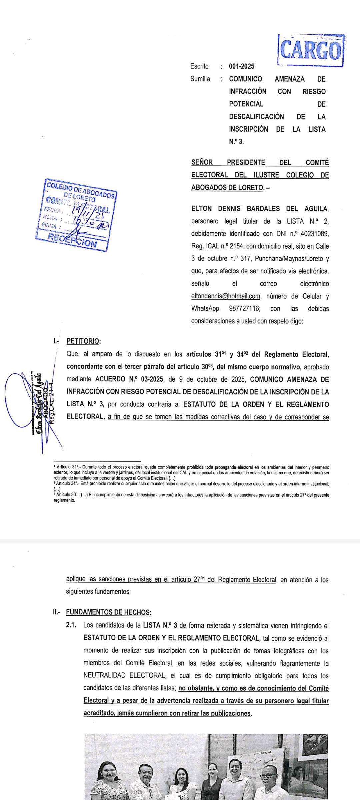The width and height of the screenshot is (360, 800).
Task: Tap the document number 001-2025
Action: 241,66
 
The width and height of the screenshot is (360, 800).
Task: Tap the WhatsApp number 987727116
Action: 244,308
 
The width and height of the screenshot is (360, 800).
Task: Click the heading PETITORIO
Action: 83,341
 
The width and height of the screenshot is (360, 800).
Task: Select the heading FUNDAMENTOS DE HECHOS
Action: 108,612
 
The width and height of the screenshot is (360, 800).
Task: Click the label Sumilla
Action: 200,79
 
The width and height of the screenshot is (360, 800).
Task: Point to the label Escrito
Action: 199,66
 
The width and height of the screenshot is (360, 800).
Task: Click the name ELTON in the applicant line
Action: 201,209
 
